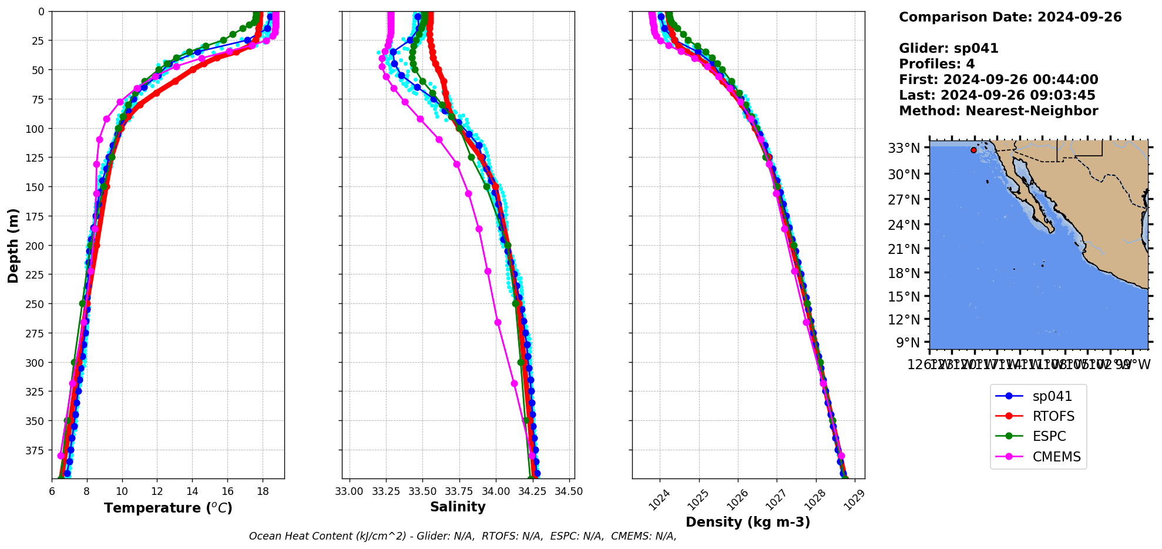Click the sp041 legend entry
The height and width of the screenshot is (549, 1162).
(1052, 397)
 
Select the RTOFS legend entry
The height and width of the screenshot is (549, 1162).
(1053, 417)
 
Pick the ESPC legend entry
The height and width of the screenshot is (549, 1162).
(1049, 437)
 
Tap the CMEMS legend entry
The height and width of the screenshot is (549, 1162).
(1056, 457)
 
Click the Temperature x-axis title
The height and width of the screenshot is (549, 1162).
(168, 508)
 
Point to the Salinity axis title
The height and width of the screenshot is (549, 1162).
(458, 507)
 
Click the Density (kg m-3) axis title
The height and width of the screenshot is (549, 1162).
(748, 522)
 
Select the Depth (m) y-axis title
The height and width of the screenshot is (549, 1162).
(13, 245)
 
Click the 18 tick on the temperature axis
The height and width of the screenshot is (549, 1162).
(263, 491)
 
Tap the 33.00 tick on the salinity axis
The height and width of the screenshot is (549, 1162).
(350, 491)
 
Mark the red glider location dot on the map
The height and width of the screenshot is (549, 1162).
(973, 150)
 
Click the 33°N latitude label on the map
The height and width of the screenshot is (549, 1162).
(904, 148)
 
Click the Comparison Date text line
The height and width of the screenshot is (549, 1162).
(1010, 17)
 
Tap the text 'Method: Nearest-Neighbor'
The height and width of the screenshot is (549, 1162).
(998, 111)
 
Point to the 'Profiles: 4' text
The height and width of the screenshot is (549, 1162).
(936, 64)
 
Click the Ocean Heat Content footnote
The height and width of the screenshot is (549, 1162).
(462, 536)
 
